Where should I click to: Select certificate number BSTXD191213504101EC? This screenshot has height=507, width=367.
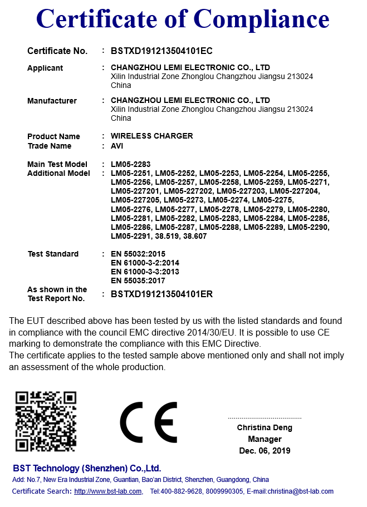(x=162, y=51)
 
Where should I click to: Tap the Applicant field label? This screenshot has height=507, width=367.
(x=45, y=68)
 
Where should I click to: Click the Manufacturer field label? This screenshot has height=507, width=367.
(x=52, y=101)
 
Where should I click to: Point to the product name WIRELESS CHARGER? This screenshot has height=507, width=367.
(x=152, y=136)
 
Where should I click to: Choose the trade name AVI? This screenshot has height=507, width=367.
(x=117, y=146)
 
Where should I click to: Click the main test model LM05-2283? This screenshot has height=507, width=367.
(x=130, y=164)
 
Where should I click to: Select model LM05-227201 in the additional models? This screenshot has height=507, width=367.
(x=135, y=191)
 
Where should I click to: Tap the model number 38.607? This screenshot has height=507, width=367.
(x=195, y=236)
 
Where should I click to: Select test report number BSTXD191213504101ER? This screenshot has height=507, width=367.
(x=162, y=294)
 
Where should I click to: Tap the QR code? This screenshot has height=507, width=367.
(x=46, y=421)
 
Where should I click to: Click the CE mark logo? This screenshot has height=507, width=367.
(x=149, y=421)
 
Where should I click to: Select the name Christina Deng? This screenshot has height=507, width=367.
(x=265, y=427)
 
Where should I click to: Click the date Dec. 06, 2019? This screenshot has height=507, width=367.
(x=265, y=451)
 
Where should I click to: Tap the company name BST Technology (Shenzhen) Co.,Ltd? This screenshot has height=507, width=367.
(x=87, y=468)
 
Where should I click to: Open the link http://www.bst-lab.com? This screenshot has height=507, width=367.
(x=108, y=491)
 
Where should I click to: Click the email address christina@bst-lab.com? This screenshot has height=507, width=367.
(x=300, y=491)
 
